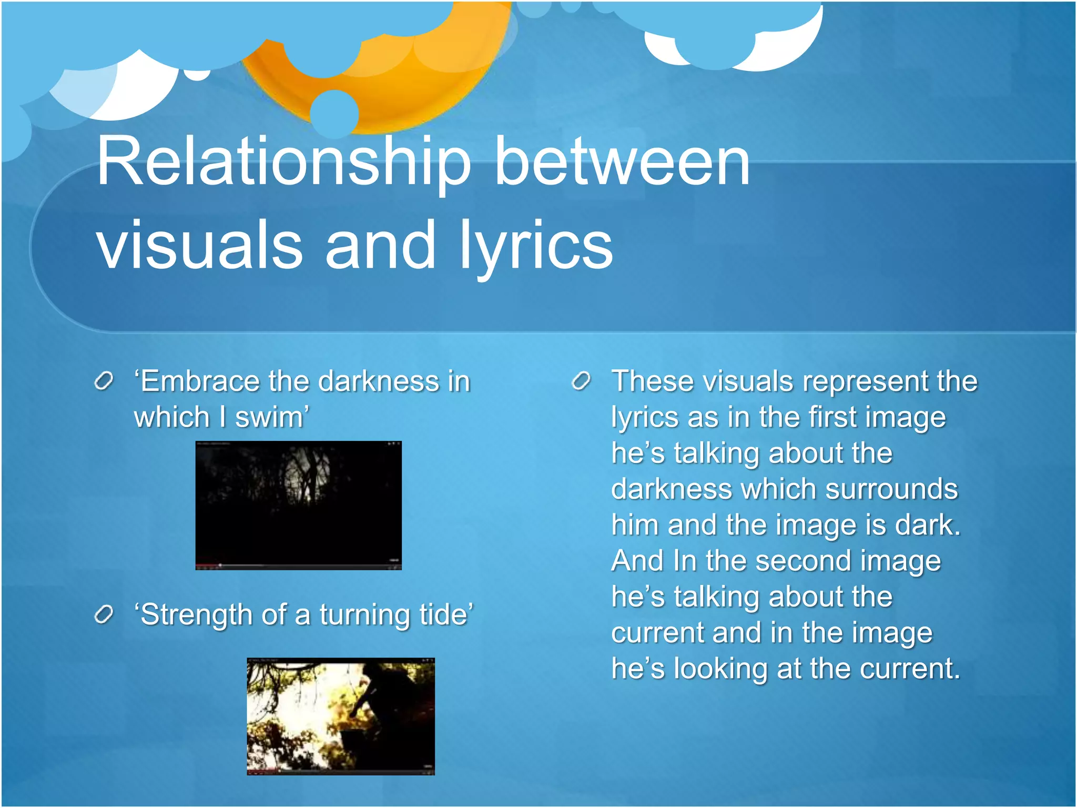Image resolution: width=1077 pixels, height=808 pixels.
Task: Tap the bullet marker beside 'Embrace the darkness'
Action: (x=104, y=381)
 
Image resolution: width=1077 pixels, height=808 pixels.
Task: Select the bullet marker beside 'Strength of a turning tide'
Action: (x=104, y=614)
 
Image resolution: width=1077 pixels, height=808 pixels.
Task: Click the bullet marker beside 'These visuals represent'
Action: (x=581, y=381)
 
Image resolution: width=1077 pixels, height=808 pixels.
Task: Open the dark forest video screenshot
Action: (x=298, y=505)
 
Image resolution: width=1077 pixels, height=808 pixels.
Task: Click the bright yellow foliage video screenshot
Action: (x=341, y=716)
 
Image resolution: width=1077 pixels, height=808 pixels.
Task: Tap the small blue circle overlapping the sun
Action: (x=334, y=114)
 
